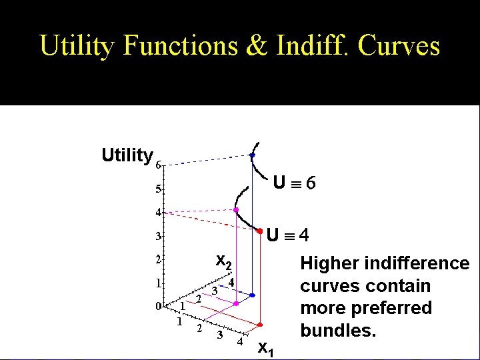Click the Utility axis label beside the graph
127,156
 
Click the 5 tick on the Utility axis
158,189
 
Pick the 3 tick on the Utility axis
158,236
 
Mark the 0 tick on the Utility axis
158,307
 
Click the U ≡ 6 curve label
294,181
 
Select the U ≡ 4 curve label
287,235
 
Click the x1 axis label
265,348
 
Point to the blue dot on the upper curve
252,155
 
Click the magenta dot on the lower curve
236,209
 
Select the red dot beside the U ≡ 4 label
259,231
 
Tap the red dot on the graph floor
260,320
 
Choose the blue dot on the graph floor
252,295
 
